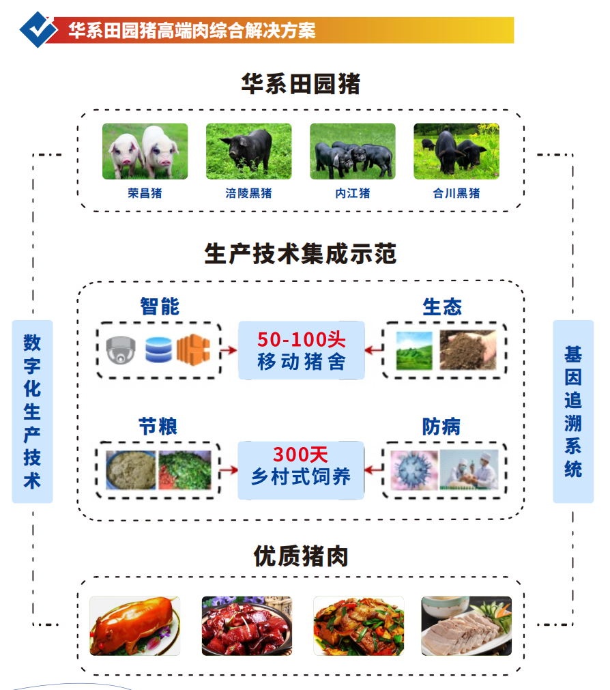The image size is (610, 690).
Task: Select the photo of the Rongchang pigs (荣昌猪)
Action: [x=145, y=151]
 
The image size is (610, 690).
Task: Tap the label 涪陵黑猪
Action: [x=248, y=193]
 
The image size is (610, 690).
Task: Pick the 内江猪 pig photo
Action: [x=352, y=151]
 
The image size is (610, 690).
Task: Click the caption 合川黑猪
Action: [x=456, y=193]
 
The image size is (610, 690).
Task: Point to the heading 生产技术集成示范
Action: [x=300, y=255]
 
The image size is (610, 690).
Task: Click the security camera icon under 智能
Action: [x=121, y=350]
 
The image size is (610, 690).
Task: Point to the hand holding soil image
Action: [x=468, y=350]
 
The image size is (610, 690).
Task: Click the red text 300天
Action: [x=301, y=454]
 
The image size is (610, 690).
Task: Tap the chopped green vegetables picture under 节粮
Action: [x=185, y=470]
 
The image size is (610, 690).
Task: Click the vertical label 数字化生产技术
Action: [x=32, y=411]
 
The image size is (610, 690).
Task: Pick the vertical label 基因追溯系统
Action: [x=572, y=411]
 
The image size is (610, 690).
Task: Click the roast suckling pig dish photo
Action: [x=135, y=625]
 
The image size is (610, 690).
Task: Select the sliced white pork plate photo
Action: [x=466, y=625]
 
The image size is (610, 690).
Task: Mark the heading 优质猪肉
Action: [x=300, y=556]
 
